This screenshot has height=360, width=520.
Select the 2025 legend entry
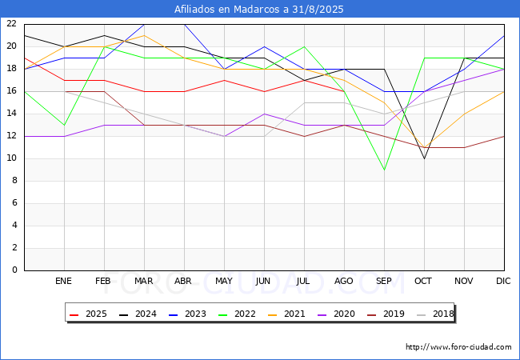click(88, 314)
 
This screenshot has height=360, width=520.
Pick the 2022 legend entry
click(237, 314)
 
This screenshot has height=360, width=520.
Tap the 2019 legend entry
click(386, 314)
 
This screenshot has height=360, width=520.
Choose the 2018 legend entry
click(435, 314)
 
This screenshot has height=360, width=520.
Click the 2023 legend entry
click(187, 314)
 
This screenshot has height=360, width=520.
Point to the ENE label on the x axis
click(63, 281)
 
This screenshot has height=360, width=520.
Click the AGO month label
click(343, 281)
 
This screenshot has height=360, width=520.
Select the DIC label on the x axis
click(503, 281)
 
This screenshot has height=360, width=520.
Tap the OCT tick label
click(423, 281)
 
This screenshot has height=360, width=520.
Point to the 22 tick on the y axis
click(12, 23)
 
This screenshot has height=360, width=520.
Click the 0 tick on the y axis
click(14, 270)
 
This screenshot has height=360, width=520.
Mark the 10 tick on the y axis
click(12, 158)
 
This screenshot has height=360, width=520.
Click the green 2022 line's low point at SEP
click(384, 170)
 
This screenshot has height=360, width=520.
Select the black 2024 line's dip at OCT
click(425, 158)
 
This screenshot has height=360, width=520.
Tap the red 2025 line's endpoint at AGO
click(344, 91)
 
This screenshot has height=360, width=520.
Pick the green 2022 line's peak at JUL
click(305, 46)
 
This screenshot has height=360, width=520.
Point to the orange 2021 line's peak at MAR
click(144, 35)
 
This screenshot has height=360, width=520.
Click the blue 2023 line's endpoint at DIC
click(504, 36)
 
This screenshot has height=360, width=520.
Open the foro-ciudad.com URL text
click(458, 347)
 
